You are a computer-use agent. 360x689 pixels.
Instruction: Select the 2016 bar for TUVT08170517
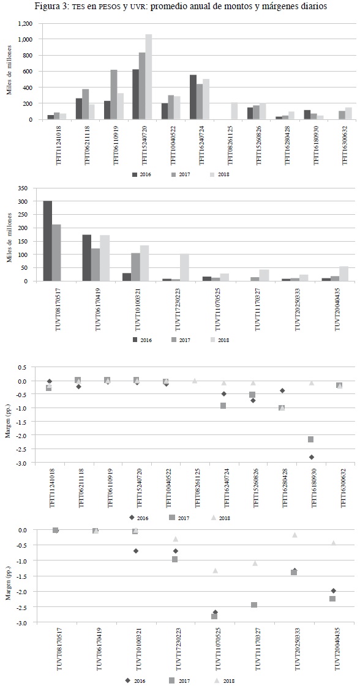48,241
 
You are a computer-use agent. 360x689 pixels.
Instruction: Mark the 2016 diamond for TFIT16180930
312,457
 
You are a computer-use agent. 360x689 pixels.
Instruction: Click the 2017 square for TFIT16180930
311,439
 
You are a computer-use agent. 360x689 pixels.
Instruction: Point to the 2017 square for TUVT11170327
254,605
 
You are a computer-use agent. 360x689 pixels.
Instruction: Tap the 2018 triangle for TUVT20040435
334,543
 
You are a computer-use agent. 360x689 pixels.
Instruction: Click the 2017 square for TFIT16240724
223,406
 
